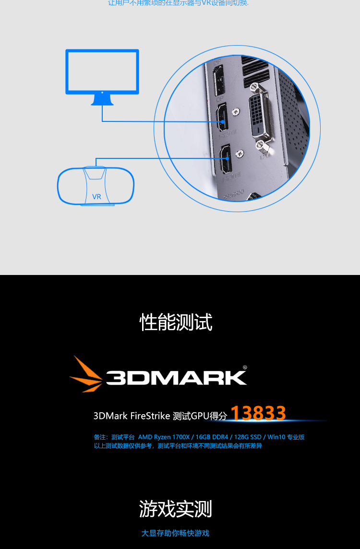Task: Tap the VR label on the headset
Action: [x=96, y=197]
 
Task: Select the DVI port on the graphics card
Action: [x=260, y=114]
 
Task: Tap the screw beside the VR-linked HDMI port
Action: [x=240, y=154]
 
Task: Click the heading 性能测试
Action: [x=176, y=322]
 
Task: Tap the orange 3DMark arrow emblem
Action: [x=87, y=374]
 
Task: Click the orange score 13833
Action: [x=258, y=413]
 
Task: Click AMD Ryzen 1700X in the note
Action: [x=164, y=437]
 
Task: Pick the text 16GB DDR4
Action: [x=212, y=437]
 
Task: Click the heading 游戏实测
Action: [x=176, y=509]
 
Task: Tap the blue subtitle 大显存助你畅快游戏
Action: [x=175, y=533]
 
